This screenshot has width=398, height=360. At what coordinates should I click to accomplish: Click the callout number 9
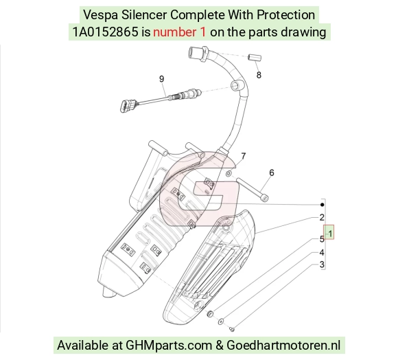(162, 79)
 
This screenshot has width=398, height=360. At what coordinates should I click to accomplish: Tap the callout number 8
(259, 75)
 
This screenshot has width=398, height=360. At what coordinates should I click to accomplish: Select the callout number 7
(244, 156)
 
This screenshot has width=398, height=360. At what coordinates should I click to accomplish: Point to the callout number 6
(272, 172)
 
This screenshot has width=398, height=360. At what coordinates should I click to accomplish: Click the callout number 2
(322, 218)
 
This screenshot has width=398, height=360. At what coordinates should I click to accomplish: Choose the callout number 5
(322, 239)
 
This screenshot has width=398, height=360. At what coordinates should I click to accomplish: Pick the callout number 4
(322, 253)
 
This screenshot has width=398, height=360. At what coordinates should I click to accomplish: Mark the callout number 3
(322, 265)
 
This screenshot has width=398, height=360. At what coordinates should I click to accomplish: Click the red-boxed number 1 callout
(329, 232)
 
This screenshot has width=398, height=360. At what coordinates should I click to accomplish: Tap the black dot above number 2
(323, 205)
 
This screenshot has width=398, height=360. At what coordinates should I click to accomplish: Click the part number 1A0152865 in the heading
(106, 32)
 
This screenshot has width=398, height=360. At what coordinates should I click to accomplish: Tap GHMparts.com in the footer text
(169, 346)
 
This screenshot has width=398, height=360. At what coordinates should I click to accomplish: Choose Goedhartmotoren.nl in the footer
(283, 346)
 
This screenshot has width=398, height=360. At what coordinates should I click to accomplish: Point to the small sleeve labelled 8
(255, 58)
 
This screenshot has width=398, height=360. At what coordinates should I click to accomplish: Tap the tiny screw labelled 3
(232, 329)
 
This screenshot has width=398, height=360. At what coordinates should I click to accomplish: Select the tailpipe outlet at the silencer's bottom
(109, 293)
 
